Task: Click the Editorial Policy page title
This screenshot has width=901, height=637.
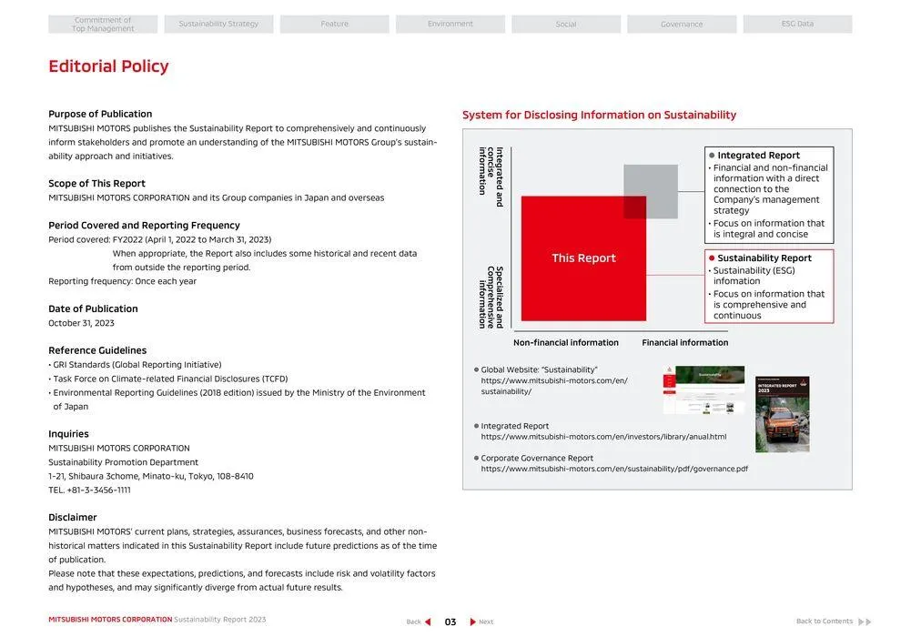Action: point(108,66)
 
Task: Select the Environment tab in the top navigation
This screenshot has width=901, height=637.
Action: point(450,25)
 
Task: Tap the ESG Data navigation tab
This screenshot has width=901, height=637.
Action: point(797,25)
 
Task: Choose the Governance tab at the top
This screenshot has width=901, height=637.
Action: point(682,25)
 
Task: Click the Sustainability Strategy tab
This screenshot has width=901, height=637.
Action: point(218,25)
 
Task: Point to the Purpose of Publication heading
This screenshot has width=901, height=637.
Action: point(100,114)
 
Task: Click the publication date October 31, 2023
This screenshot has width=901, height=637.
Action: point(81,323)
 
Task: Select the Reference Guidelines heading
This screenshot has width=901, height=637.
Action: point(97,350)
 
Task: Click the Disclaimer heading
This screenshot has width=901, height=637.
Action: point(73,518)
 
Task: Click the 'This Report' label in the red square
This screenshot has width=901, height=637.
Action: point(583,258)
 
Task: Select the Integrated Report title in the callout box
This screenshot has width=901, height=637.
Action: point(758,156)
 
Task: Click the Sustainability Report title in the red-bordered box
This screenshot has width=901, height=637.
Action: point(764,258)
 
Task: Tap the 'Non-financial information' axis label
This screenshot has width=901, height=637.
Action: point(565,343)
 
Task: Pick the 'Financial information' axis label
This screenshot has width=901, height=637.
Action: point(684,343)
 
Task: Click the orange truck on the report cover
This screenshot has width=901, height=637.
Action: point(782,425)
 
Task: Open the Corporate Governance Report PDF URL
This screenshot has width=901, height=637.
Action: point(614,470)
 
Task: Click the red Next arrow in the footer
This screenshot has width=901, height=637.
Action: point(473,622)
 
